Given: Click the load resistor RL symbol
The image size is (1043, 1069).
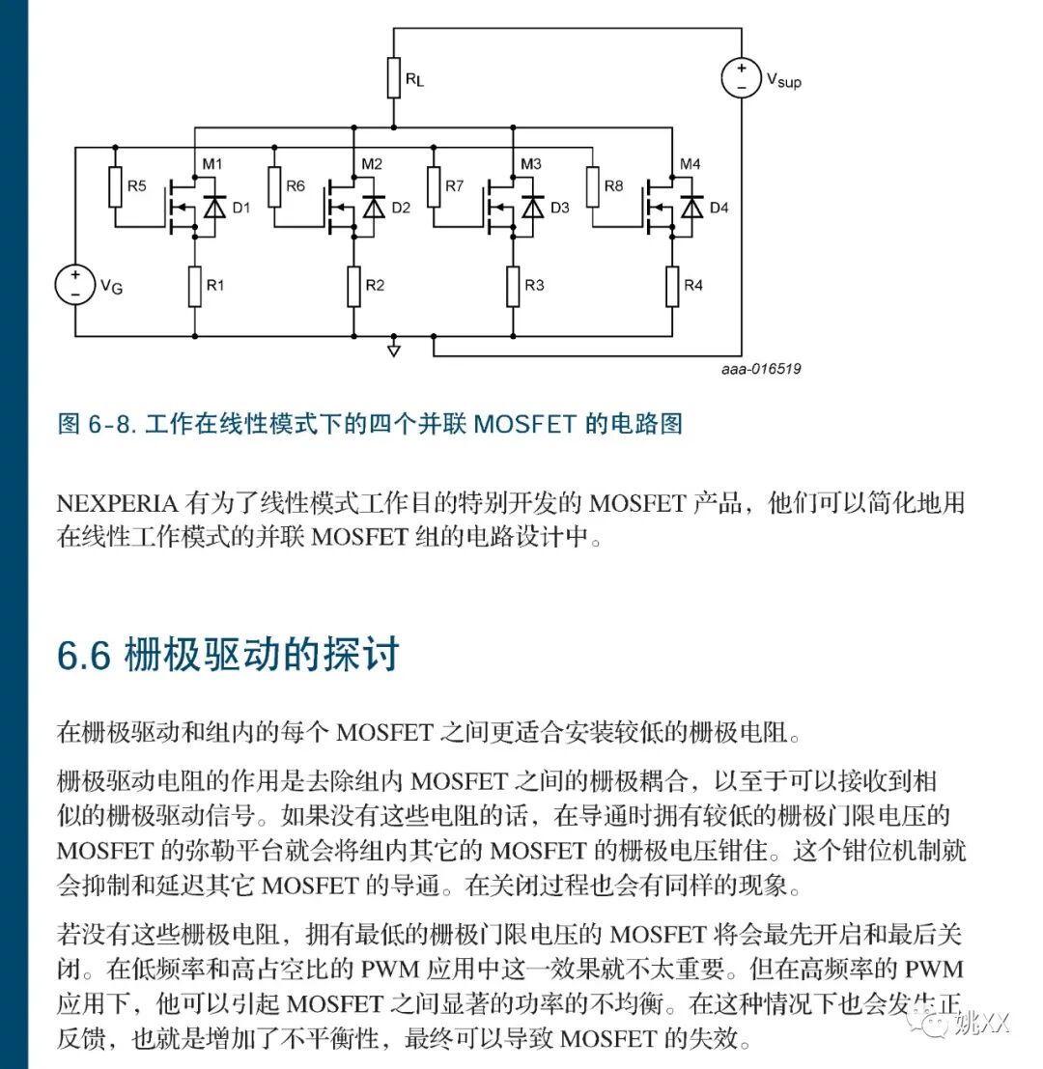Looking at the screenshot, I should click(x=393, y=77).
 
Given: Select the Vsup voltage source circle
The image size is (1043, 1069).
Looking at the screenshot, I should click(x=741, y=78).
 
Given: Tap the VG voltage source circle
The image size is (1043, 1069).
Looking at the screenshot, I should click(x=74, y=284).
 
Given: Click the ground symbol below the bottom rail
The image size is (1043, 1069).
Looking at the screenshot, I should click(x=393, y=350).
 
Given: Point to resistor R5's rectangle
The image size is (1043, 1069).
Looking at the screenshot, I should click(x=114, y=186).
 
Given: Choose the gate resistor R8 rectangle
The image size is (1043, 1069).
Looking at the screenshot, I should click(x=592, y=186).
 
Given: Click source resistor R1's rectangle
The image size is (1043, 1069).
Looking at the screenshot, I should click(x=194, y=286).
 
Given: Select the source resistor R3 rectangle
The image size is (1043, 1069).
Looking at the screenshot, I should click(x=513, y=286).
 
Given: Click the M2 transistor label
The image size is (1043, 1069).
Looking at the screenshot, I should click(x=372, y=163).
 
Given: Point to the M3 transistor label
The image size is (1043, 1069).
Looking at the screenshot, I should click(x=531, y=163).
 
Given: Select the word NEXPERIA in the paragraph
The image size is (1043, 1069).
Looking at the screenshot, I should click(x=117, y=503).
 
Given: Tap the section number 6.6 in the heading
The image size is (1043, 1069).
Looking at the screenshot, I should click(x=84, y=655).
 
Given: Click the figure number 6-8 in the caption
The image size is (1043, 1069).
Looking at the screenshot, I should click(x=108, y=424).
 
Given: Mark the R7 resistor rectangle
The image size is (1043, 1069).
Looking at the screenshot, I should click(x=433, y=186).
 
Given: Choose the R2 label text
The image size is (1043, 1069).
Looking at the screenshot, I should click(x=375, y=286).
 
